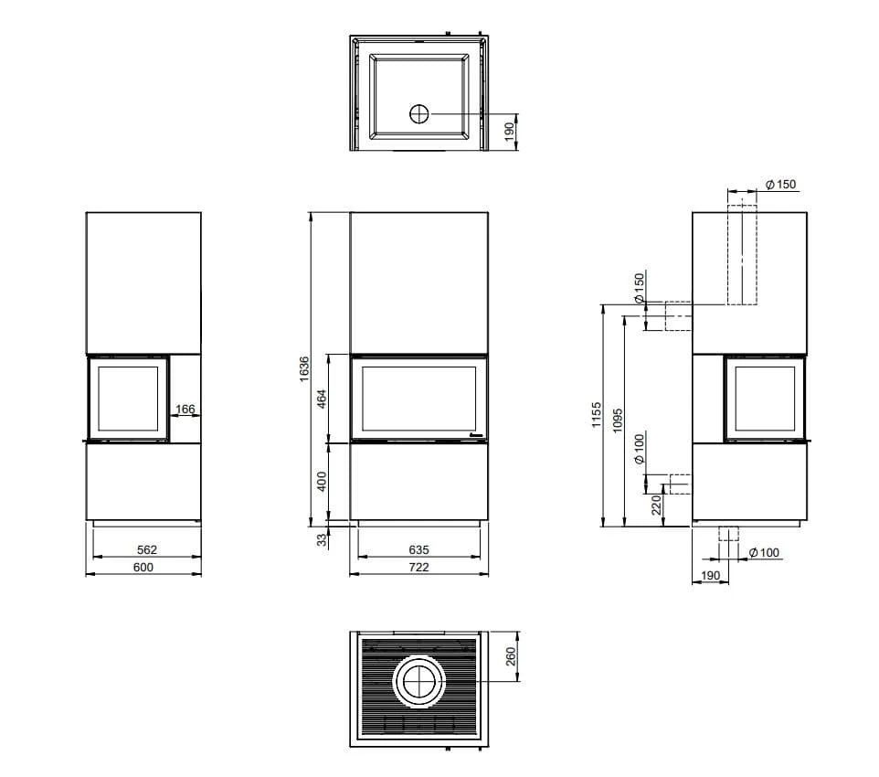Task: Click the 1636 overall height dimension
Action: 304,369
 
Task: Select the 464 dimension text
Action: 322,399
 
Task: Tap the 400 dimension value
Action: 322,482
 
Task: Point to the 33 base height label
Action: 322,540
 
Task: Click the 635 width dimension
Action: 418,549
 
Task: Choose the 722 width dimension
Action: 418,567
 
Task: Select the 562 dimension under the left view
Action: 147,549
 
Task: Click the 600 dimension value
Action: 143,567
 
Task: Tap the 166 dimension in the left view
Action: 185,409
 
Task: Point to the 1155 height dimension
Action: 596,415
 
